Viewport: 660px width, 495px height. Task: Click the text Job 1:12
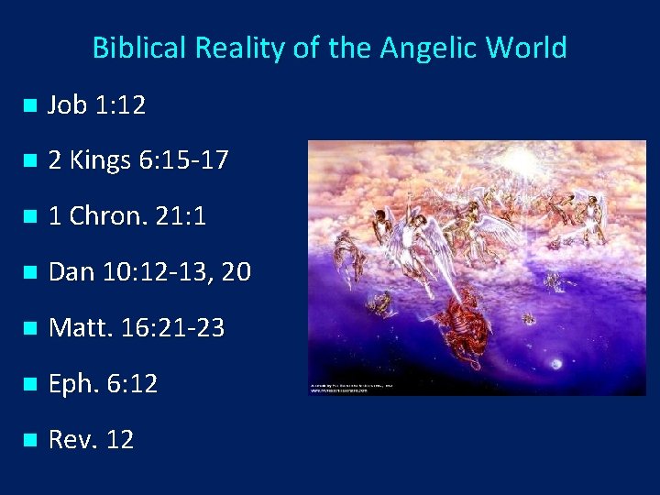[96, 105]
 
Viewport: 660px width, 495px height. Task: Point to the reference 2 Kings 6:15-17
[137, 161]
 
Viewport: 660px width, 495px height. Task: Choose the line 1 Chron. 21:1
[126, 216]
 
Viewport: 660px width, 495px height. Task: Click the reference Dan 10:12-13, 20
[148, 272]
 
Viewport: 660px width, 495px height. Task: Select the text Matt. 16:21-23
[136, 328]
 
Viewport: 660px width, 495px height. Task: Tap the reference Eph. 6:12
[103, 384]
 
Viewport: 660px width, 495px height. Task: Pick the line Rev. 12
[91, 440]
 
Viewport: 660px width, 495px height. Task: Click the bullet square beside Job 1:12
[28, 106]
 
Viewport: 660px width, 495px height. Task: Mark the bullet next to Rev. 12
[28, 441]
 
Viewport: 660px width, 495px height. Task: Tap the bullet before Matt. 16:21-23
[28, 329]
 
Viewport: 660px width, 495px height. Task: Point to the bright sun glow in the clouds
[529, 165]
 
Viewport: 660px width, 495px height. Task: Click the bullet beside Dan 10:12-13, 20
[28, 273]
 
